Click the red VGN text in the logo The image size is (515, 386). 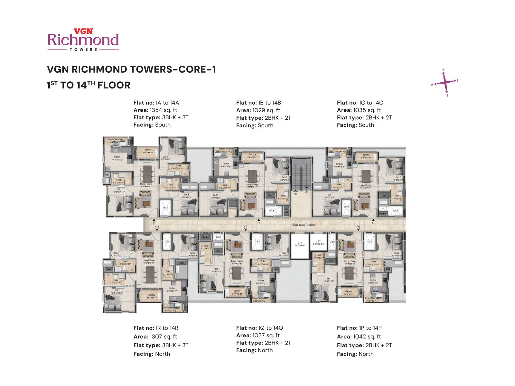(83, 31)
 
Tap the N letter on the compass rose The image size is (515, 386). (443, 70)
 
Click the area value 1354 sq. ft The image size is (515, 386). (163, 110)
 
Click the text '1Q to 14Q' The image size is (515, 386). (270, 328)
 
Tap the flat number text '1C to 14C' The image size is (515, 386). (371, 103)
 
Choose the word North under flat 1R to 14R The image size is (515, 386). (163, 354)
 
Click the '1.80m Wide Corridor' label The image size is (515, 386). (303, 225)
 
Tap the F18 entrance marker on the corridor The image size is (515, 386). (157, 227)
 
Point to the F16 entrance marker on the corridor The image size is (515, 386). (358, 227)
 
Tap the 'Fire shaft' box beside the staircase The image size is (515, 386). (286, 211)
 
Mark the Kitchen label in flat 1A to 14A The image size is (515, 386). (117, 157)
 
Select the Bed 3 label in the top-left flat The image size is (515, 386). (187, 195)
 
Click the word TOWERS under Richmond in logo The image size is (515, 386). (83, 50)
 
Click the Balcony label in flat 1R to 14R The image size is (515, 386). (152, 295)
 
